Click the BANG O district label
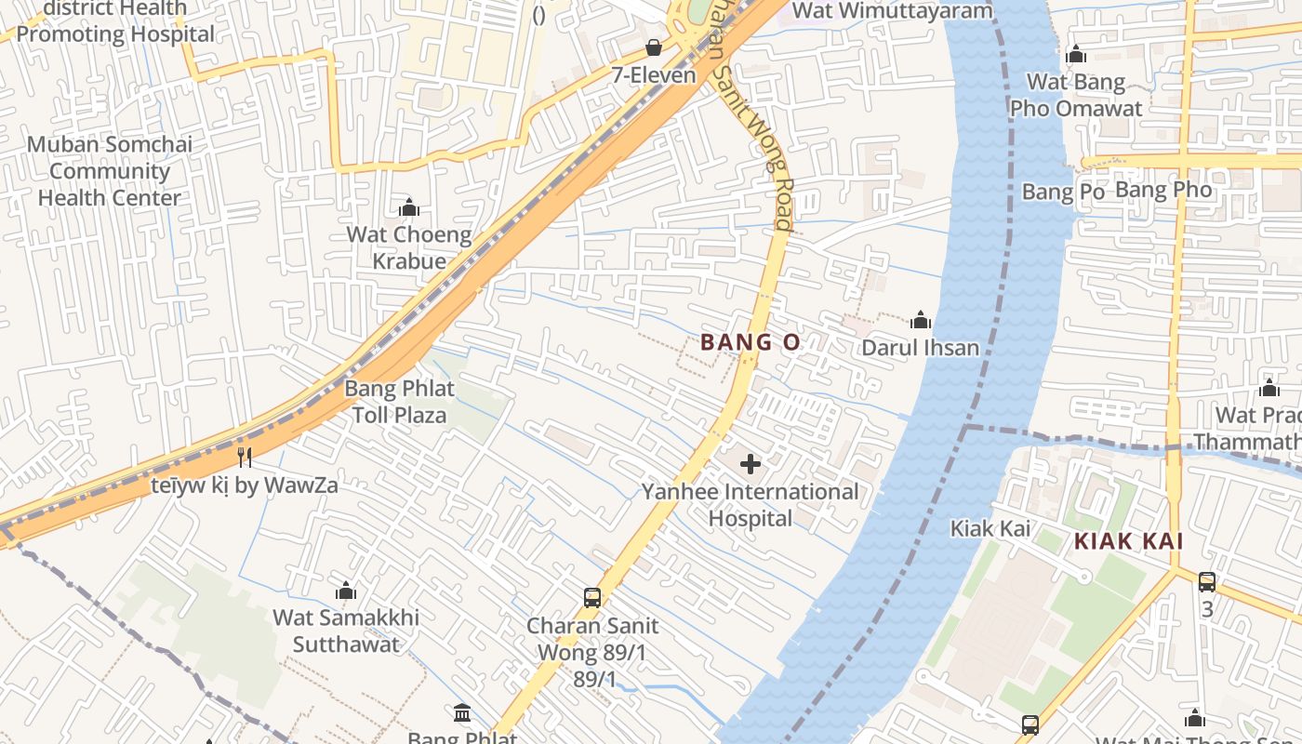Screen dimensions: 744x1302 tap(750, 342)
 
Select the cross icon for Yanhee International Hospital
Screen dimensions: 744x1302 tap(751, 463)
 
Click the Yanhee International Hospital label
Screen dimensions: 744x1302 tap(751, 505)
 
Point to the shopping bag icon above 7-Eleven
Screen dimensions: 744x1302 tap(654, 47)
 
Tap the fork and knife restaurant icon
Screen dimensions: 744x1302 tap(245, 457)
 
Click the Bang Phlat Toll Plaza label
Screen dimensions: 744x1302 tap(399, 402)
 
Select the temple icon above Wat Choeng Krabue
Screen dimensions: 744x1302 tap(408, 206)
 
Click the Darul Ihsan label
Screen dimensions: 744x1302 tap(920, 348)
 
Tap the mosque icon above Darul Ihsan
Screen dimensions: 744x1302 tap(921, 321)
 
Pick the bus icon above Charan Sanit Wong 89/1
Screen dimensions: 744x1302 tap(592, 597)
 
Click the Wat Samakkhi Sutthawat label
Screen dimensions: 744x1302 tap(346, 631)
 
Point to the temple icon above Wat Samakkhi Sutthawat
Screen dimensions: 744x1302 tap(346, 591)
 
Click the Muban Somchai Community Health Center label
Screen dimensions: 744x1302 tap(110, 171)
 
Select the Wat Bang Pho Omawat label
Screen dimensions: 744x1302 tap(1076, 95)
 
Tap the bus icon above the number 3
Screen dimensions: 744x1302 tap(1207, 582)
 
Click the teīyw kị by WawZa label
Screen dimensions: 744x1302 tap(244, 485)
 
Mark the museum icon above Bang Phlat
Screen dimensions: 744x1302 tap(462, 713)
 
